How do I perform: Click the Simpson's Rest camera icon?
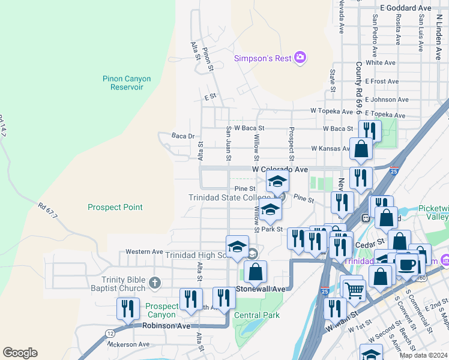tap(300, 58)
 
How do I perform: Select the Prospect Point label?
tap(115, 207)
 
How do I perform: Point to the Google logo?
tap(20, 353)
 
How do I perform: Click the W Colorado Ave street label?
tap(280, 170)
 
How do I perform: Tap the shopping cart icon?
tap(354, 289)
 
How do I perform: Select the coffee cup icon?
tap(407, 264)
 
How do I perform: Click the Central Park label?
tap(257, 315)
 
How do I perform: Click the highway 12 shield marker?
tap(112, 332)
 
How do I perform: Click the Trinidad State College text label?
tap(230, 197)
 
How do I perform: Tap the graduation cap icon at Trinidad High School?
tap(237, 247)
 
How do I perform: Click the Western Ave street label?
tap(144, 251)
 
